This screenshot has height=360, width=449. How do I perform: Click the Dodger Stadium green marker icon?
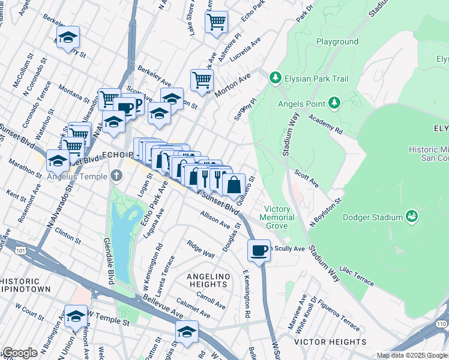(x=412, y=215)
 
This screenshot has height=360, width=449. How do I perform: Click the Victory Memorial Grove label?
(x=277, y=217)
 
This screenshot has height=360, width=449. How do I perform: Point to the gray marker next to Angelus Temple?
(x=117, y=176)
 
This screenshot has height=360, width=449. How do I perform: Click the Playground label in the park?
(x=337, y=42)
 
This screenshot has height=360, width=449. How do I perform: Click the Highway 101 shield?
(x=5, y=242)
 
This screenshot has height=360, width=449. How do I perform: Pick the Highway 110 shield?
(x=442, y=324)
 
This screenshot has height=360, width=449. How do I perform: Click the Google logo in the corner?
(x=19, y=353)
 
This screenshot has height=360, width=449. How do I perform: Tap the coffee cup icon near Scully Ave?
(x=259, y=250)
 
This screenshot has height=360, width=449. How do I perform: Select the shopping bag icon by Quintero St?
(x=234, y=184)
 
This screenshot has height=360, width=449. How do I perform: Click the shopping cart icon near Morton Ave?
(x=202, y=79)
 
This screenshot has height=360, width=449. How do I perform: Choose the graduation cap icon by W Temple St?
(x=76, y=317)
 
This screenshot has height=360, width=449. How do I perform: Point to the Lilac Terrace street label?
(x=357, y=275)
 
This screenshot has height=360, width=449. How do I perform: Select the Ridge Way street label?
(x=200, y=250)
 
